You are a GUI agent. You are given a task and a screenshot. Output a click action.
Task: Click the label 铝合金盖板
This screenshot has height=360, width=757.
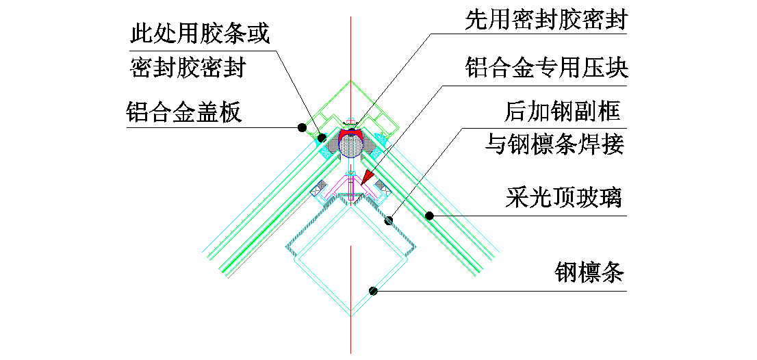coord(184,112)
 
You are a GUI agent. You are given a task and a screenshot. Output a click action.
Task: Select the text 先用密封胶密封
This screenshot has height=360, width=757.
coord(546,21)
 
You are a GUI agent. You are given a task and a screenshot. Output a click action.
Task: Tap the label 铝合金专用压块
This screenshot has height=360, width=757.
coord(546,68)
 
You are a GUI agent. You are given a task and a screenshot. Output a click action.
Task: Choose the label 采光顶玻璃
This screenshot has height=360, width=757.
coord(563,198)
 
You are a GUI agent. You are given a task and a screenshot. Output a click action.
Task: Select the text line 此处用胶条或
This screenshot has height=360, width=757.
coord(198,32)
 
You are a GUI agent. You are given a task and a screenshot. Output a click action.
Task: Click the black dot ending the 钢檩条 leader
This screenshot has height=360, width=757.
coord(374,291)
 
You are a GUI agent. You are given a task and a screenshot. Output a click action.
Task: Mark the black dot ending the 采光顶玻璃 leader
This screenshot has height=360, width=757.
coord(429,216)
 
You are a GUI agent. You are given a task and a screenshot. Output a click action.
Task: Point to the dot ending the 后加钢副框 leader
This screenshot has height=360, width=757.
coord(389,220)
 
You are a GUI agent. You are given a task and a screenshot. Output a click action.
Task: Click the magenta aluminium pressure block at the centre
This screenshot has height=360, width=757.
coord(350,188)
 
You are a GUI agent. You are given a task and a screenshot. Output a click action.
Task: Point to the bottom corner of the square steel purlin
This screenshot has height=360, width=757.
coord(350,316)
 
